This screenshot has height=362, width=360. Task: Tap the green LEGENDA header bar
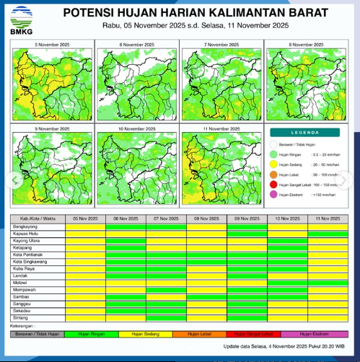tap(304, 133)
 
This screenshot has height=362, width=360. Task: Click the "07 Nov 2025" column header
tap(166, 218)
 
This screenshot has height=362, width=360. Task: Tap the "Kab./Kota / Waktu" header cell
tap(38, 218)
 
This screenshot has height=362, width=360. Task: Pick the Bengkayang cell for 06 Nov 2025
tap(126, 226)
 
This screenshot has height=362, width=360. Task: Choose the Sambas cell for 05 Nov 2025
tap(85, 296)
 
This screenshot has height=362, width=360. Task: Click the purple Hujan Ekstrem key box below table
tap(316, 334)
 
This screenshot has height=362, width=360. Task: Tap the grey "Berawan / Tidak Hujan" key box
tap(38, 334)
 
